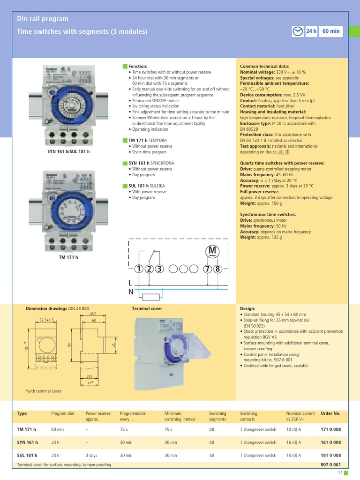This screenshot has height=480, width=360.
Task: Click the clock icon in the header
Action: coord(297,31)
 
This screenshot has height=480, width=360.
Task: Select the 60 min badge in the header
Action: coord(331,31)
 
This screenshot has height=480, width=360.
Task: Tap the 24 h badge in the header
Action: coord(311,31)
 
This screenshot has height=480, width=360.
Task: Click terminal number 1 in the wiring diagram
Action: coord(139,269)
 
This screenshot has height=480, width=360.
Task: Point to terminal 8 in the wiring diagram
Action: coord(217,269)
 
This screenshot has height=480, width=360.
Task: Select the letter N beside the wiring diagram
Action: coord(130,292)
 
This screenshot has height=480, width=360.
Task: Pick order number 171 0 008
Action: coord(330,429)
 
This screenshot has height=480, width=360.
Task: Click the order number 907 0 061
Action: coord(330,465)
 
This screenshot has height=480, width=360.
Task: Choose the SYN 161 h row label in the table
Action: coord(27,442)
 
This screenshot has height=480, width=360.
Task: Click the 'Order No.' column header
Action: coord(330,413)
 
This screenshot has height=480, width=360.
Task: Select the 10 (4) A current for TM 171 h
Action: coord(293,429)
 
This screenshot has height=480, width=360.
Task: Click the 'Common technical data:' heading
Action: coord(264,67)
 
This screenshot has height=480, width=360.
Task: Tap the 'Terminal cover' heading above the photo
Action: coord(147,309)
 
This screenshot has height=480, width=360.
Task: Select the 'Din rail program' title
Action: coord(43,19)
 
